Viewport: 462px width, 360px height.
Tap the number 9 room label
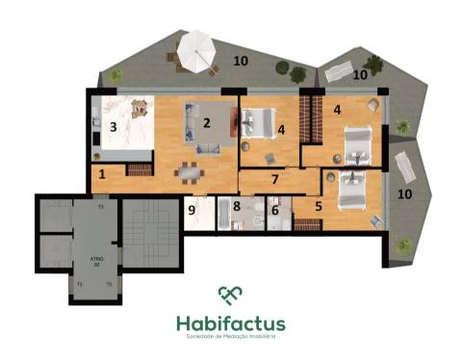(192, 208)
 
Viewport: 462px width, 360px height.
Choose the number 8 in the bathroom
(237, 205)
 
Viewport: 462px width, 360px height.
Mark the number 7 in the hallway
(274, 180)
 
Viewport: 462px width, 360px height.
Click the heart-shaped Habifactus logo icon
(230, 295)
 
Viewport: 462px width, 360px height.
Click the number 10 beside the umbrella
(240, 63)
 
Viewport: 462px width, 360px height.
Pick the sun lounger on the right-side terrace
(404, 169)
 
